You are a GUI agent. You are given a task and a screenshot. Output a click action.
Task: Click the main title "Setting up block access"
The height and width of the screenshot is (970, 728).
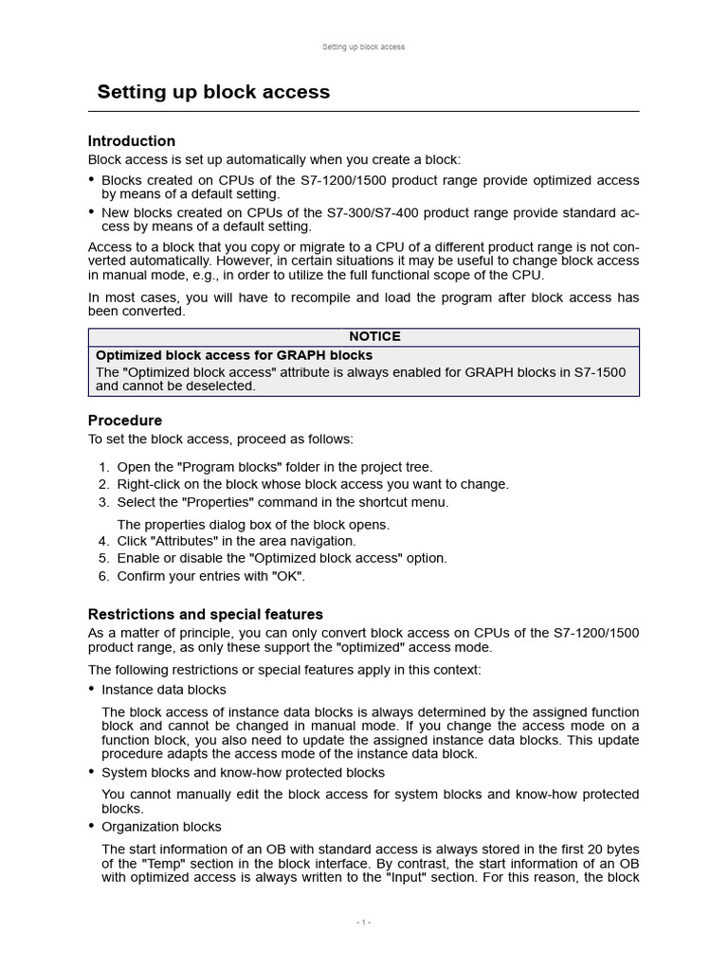click(213, 92)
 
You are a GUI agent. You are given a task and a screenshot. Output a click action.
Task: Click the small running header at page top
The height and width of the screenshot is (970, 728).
click(363, 46)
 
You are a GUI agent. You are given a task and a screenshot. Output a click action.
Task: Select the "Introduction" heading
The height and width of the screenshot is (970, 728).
click(132, 141)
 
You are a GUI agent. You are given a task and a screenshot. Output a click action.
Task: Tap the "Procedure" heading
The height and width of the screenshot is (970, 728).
click(125, 420)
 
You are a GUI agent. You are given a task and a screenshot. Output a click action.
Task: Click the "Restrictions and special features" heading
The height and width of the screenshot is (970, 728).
click(206, 614)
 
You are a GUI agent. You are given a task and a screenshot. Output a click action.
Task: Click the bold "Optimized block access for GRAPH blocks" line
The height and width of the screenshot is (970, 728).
click(234, 354)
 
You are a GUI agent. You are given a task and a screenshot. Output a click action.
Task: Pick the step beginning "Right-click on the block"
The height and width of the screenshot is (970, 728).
click(313, 484)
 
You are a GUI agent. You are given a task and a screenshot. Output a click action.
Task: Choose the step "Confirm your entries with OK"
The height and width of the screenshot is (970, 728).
click(211, 576)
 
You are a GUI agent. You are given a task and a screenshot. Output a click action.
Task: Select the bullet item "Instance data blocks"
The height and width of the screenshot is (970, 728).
click(164, 690)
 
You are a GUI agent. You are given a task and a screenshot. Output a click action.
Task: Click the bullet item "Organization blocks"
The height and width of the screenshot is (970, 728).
click(161, 827)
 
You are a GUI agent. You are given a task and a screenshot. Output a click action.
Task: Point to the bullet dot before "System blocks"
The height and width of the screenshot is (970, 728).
click(92, 772)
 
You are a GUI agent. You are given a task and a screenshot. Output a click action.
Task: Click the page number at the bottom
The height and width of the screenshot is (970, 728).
click(363, 923)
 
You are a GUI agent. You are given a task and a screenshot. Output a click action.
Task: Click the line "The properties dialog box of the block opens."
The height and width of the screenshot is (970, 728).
click(253, 524)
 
